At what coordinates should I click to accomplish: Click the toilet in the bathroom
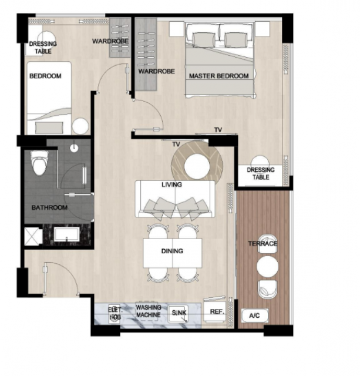click(x=39, y=163)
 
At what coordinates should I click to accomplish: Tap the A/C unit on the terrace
click(x=254, y=315)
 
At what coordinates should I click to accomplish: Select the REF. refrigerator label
click(x=217, y=312)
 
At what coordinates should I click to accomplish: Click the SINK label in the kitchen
click(x=179, y=313)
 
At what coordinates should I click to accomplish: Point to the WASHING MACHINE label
click(x=149, y=311)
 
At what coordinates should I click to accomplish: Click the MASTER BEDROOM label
click(x=219, y=76)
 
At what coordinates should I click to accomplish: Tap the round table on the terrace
click(x=267, y=266)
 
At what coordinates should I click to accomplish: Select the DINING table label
click(x=172, y=251)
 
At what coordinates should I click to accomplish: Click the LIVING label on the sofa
click(x=171, y=184)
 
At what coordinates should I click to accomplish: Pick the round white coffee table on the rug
click(x=197, y=166)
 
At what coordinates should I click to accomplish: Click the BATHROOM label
click(x=49, y=207)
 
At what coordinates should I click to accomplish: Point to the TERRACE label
click(x=263, y=244)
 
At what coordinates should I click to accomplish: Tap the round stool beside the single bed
click(x=80, y=126)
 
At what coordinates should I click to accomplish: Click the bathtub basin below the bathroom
click(x=66, y=234)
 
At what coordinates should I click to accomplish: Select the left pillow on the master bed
click(x=203, y=40)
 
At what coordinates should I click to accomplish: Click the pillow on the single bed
click(x=49, y=128)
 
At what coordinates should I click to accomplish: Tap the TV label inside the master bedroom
click(x=218, y=130)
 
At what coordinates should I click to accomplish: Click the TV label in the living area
click(x=176, y=145)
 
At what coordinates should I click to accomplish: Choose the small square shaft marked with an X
click(x=33, y=236)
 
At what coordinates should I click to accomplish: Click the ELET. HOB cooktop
click(x=115, y=313)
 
